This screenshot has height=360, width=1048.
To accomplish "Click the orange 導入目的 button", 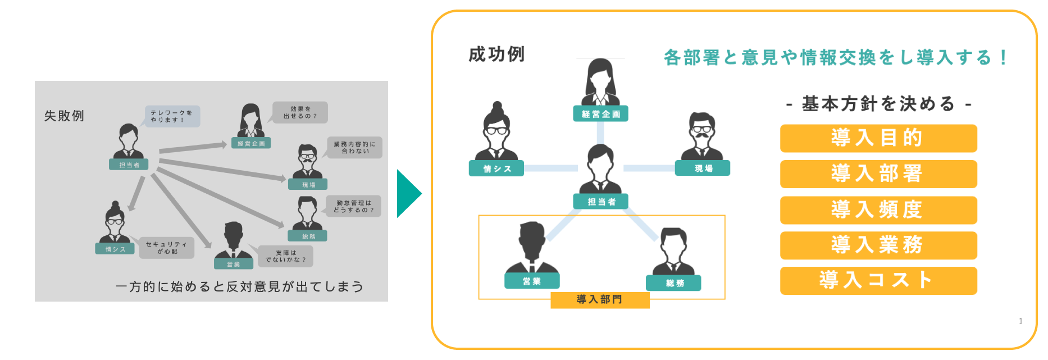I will coord(878,138).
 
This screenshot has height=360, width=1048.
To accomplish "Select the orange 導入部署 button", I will coord(878,174).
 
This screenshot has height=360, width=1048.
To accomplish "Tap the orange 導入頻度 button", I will coord(878,210).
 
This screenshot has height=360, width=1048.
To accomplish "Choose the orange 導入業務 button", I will coord(878,245).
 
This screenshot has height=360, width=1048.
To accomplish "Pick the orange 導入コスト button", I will coord(878,280).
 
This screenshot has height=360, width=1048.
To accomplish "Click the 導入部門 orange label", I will coord(600,300).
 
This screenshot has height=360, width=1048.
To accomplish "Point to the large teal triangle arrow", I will coord(408,194).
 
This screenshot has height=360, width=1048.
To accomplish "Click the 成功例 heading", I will coord(496,54).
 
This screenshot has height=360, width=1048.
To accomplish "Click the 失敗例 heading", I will coord(64,116).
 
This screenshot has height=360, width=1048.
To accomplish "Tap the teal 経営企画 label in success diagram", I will coord(600,114).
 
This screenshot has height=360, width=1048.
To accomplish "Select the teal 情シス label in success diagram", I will coord(496,168).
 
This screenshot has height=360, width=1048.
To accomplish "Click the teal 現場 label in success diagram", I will coord(703,168).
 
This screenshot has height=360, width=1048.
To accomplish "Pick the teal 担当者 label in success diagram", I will coord(600,202).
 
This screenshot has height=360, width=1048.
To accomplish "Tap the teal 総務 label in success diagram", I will coord(674,283).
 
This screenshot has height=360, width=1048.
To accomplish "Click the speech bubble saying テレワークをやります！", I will coord(172,116).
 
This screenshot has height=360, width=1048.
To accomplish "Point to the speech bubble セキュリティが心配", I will coord(167,248).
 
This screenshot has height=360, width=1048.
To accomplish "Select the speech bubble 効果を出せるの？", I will coord(300,112).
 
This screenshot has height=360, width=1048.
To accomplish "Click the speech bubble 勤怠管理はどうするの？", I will coord(354,206).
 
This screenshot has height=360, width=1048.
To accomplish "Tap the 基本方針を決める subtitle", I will coord(878,104).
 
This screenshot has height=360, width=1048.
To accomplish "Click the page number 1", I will coord(1020,321).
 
